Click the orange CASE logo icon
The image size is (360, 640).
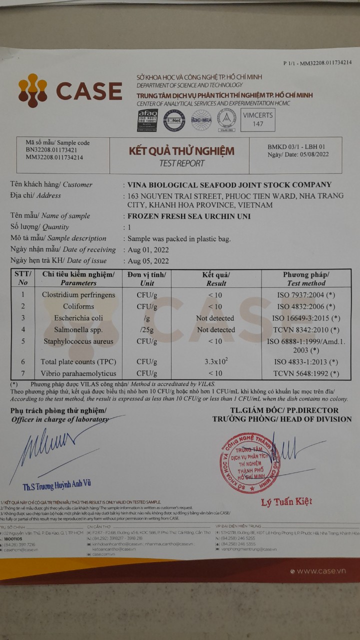coord(32,91)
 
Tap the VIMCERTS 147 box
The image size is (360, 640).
coord(257,119)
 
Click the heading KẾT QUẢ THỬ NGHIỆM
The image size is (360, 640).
coord(181,150)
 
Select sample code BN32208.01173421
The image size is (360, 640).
coord(51,149)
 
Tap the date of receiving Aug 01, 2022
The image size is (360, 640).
coord(148,249)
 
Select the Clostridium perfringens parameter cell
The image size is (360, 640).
coord(78,295)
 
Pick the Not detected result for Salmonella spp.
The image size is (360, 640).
coord(215,330)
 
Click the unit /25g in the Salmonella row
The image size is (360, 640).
coord(146,330)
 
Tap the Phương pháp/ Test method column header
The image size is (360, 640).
coord(306,278)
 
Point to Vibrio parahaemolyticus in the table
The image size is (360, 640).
coord(78,373)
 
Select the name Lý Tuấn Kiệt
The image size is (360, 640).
coord(286,501)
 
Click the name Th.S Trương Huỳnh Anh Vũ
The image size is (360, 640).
coord(56,484)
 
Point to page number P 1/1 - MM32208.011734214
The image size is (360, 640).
coord(317,62)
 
